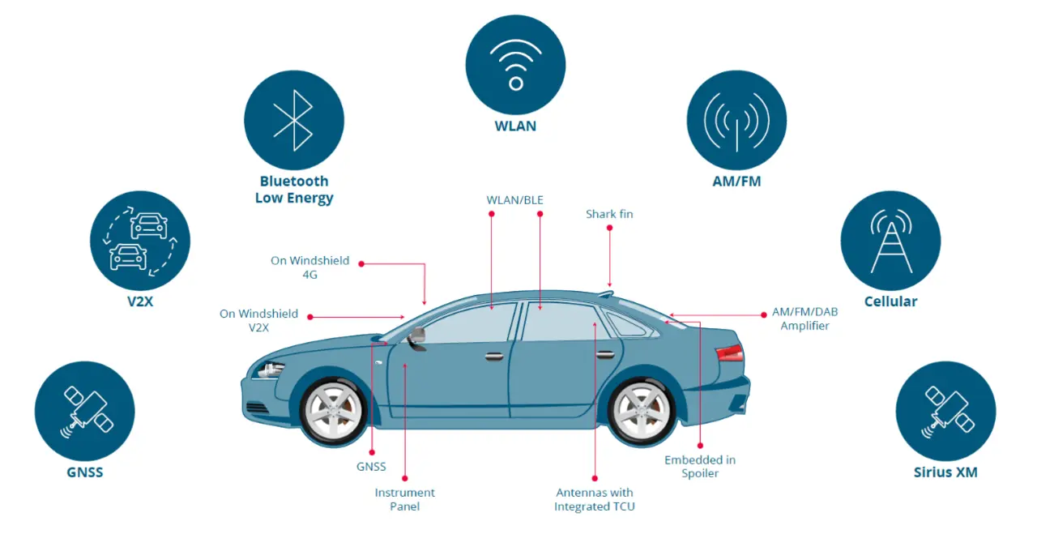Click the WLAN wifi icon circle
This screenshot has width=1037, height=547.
[x=515, y=65]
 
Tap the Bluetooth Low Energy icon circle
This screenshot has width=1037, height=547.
[x=294, y=120]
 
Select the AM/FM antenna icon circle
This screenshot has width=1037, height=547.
[x=736, y=120]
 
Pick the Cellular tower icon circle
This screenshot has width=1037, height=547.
[x=890, y=241]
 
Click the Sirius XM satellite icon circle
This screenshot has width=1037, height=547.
[x=945, y=411]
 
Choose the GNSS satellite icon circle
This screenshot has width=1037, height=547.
[x=85, y=411]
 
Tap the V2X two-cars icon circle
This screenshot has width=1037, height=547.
[x=140, y=241]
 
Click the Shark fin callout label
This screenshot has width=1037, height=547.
[x=609, y=214]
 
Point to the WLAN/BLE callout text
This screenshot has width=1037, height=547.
[x=515, y=199]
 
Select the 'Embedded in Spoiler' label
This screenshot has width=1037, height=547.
[x=700, y=466]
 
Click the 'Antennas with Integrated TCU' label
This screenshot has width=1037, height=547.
[x=595, y=499]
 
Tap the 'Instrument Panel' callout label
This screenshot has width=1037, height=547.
[x=404, y=499]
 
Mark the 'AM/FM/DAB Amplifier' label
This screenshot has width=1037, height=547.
[x=800, y=318]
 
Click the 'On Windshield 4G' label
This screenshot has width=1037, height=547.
[x=310, y=267]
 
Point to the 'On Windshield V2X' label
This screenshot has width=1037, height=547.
[x=259, y=320]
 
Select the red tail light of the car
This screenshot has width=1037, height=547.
[x=729, y=353]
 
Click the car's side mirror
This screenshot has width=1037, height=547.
[x=418, y=336]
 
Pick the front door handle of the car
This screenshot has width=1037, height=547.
[x=494, y=356]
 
